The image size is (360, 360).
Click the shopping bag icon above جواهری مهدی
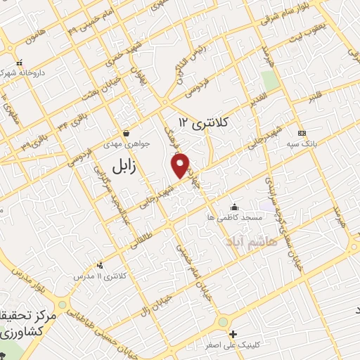pos(126,132)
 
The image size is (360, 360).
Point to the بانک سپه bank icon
pos(302,133)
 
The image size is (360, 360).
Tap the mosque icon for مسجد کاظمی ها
pos(233,207)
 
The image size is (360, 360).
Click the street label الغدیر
pos(257,98)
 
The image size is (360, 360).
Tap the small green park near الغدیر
pos(269,79)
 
